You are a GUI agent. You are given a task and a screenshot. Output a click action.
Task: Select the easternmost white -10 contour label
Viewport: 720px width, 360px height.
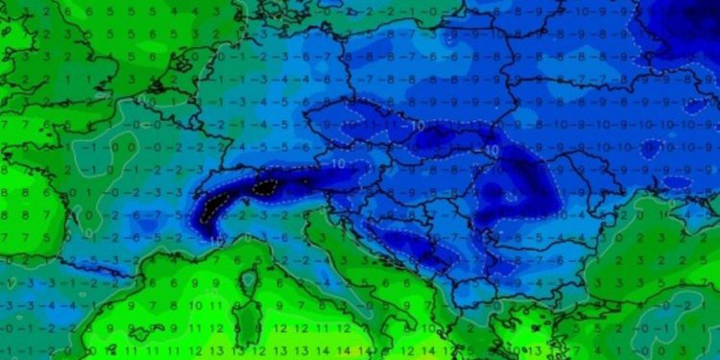(492, 151)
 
